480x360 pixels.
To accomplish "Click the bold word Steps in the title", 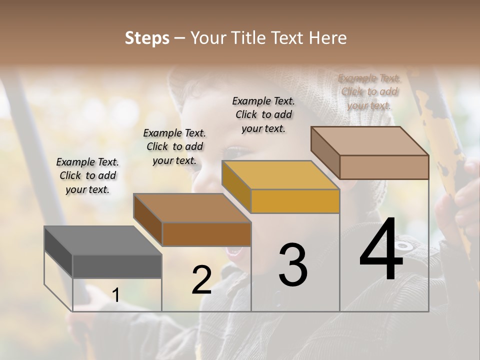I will click(x=146, y=38).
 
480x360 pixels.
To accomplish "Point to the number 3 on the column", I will click(x=293, y=265).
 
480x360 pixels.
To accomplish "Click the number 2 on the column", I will click(x=201, y=280).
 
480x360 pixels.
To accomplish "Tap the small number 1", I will click(x=116, y=295).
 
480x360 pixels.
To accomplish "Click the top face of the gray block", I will click(x=102, y=240).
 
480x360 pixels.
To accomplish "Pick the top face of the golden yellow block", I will click(x=280, y=175).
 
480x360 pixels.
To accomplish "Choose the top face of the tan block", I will click(x=369, y=141).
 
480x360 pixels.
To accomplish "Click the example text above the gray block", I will click(x=87, y=175).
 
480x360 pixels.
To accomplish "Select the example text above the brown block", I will click(x=174, y=146).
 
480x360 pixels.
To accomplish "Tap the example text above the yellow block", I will click(x=263, y=114).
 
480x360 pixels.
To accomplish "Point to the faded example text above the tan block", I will click(x=369, y=91).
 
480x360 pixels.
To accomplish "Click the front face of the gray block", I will click(x=117, y=266).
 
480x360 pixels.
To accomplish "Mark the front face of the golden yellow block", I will click(x=295, y=201).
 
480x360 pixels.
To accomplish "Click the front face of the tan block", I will click(x=384, y=167).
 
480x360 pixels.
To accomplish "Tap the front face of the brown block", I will click(x=206, y=234).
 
